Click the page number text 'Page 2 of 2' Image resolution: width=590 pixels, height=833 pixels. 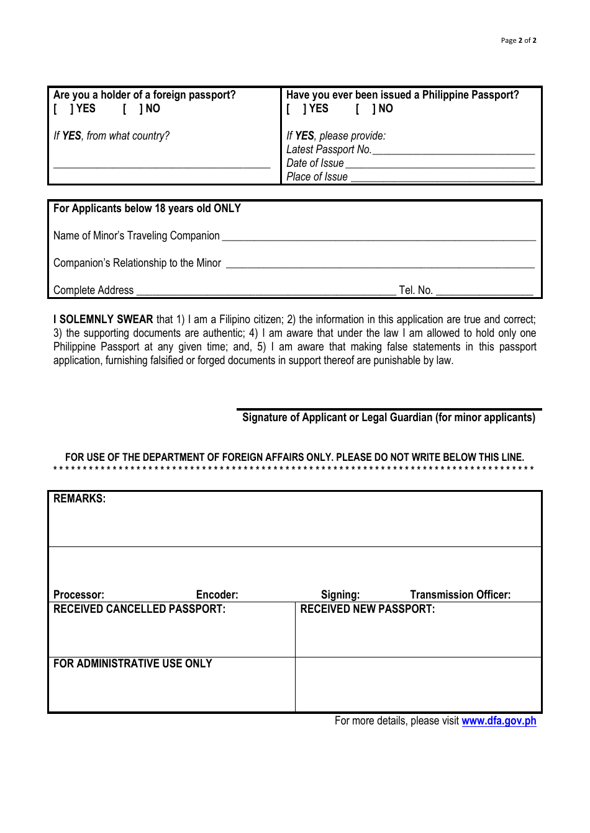(518, 40)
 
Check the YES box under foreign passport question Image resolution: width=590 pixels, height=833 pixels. (63, 109)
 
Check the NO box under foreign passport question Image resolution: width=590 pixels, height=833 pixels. (132, 109)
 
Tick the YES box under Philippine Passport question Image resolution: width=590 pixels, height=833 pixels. (296, 109)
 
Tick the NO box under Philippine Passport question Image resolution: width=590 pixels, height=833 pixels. (365, 109)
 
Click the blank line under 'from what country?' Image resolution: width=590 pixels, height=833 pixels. (161, 165)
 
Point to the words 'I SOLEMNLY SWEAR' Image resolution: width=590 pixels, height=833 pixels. (103, 319)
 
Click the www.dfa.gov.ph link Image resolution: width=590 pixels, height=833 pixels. (499, 721)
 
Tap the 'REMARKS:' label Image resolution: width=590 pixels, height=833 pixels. (79, 499)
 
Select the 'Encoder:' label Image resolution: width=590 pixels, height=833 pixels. (217, 595)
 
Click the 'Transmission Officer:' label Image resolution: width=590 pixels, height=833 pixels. (460, 595)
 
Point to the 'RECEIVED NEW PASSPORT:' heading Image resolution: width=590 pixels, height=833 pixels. (368, 609)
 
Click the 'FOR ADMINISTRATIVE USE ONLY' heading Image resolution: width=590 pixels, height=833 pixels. (133, 664)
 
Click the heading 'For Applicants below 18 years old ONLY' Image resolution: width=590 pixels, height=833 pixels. (147, 208)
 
